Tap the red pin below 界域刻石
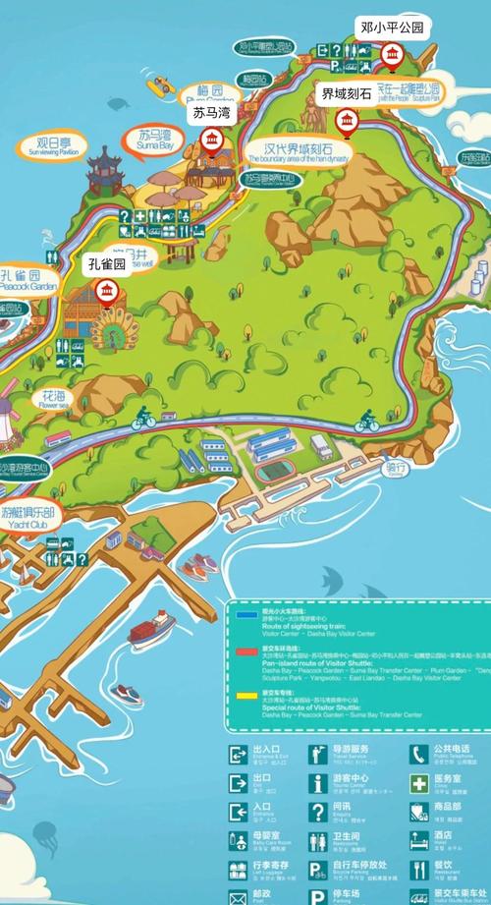pos(345,122)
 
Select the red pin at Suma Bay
pos(211,143)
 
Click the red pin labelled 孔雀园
pos(107,290)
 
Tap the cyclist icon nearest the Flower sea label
pos(143,420)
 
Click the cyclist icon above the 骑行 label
pos(367,423)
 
